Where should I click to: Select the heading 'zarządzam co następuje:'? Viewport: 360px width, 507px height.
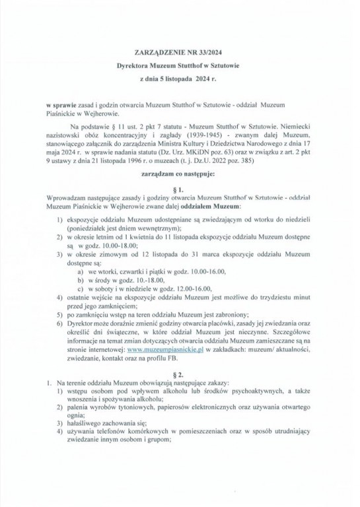180,176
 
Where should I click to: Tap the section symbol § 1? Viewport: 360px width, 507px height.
180,189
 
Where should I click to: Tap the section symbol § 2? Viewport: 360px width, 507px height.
180,373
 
